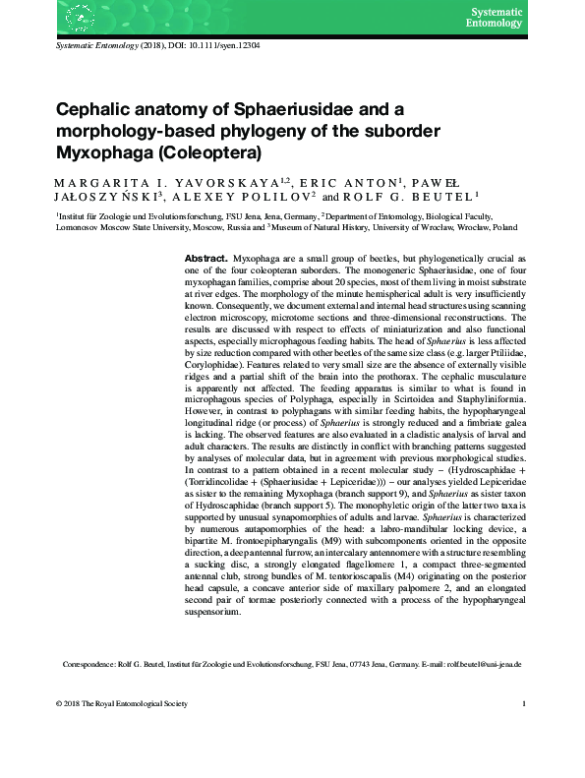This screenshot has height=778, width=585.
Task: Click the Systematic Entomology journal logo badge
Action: pos(496,17)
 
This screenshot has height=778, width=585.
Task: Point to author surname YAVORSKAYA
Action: pos(203,183)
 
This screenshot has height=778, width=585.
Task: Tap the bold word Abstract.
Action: pos(205,257)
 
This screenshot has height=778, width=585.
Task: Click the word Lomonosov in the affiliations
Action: pos(79,225)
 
